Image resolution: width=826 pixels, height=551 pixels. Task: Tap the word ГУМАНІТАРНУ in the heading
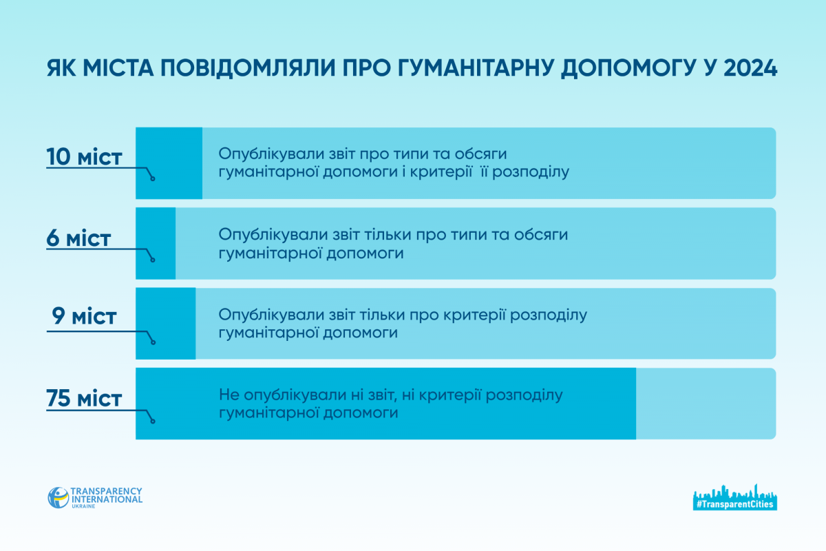pyautogui.click(x=476, y=68)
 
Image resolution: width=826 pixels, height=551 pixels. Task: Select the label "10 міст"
pyautogui.click(x=84, y=157)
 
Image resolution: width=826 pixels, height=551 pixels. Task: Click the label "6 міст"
pyautogui.click(x=78, y=238)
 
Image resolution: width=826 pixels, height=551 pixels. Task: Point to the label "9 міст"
pyautogui.click(x=84, y=316)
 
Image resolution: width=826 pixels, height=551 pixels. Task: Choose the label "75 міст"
pyautogui.click(x=84, y=398)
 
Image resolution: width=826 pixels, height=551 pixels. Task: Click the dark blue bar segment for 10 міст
pyautogui.click(x=169, y=163)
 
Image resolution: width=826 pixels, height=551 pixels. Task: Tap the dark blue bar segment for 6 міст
pyautogui.click(x=156, y=243)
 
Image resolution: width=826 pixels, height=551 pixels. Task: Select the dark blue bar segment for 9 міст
pyautogui.click(x=166, y=323)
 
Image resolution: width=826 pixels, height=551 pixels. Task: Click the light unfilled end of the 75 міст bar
pyautogui.click(x=706, y=404)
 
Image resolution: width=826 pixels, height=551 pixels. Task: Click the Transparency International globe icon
pyautogui.click(x=59, y=497)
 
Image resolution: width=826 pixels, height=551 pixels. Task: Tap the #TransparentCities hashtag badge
pyautogui.click(x=735, y=497)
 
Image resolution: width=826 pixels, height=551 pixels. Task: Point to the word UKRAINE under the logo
pyautogui.click(x=83, y=506)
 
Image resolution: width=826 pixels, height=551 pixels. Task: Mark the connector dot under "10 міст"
pyautogui.click(x=153, y=179)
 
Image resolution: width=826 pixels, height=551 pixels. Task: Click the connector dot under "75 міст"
pyautogui.click(x=153, y=421)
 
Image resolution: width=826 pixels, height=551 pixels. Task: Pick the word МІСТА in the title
pyautogui.click(x=118, y=68)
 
